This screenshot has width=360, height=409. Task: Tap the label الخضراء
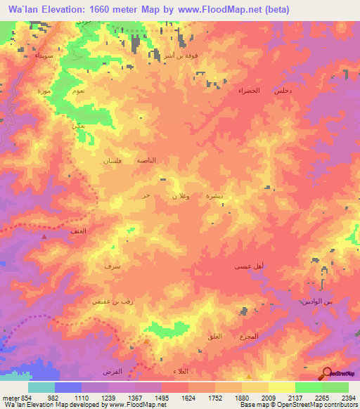click(247, 91)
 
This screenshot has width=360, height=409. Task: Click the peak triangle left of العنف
click(46, 237)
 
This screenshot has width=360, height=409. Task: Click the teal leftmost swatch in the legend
click(41, 387)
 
